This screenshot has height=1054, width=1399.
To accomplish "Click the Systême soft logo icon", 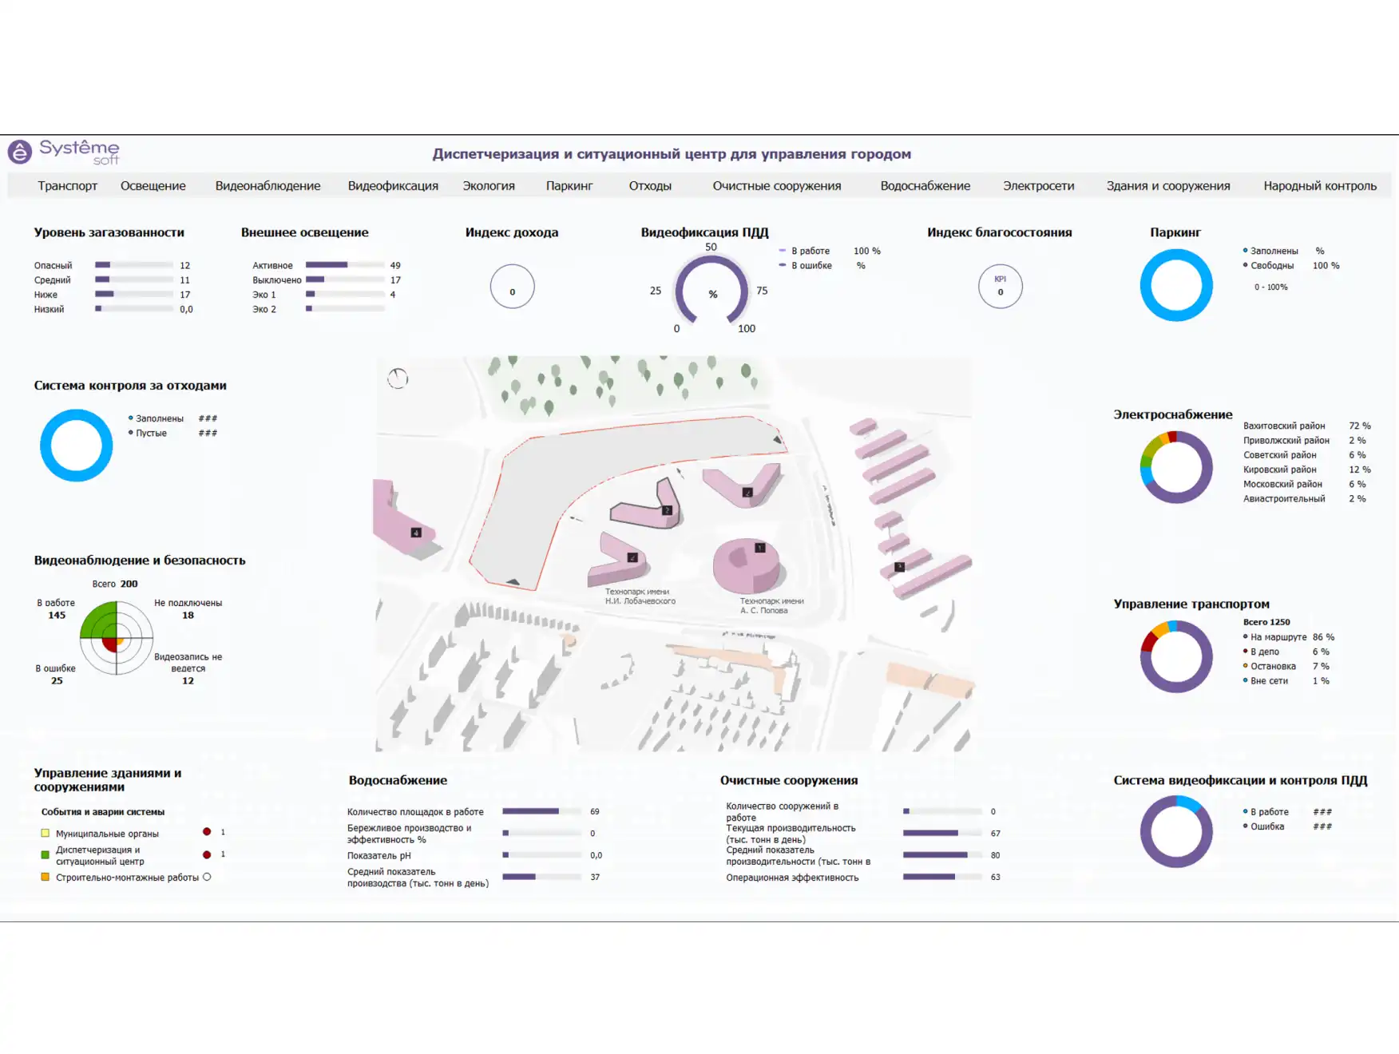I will (20, 151).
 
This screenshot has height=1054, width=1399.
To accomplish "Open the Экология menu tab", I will (489, 186).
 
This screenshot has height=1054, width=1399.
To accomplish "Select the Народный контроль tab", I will (1319, 186).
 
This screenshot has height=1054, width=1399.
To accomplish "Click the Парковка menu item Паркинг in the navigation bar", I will (569, 186).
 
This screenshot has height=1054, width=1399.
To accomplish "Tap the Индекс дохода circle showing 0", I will (512, 287).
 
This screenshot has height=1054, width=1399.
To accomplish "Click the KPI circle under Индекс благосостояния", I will (1000, 287).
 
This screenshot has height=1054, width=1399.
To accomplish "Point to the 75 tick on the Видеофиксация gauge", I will (762, 291).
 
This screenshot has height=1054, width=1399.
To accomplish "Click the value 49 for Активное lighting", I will (395, 265).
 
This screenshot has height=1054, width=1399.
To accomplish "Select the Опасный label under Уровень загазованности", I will (53, 265).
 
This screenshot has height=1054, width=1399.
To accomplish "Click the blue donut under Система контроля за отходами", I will (76, 446).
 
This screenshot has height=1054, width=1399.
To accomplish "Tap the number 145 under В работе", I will (57, 616).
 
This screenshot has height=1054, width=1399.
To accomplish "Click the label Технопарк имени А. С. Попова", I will (771, 606).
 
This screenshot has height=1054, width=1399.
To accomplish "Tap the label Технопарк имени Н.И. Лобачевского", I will (640, 596).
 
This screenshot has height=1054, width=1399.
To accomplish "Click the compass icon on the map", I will (398, 378).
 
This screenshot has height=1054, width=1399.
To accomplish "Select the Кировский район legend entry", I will (1279, 470).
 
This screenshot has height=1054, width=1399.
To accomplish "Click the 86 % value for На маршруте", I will (1323, 637).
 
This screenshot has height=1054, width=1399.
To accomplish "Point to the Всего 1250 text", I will (1266, 622).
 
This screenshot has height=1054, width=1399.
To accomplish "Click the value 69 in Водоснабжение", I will (594, 811).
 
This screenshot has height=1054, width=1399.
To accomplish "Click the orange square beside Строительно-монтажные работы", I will (46, 877).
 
